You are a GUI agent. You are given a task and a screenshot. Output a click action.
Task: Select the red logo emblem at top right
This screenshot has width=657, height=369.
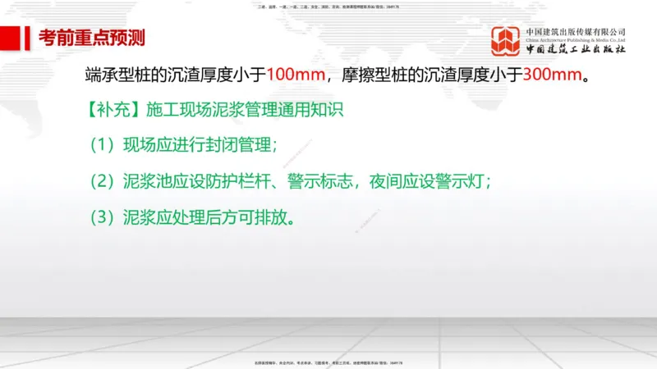[x=506, y=40]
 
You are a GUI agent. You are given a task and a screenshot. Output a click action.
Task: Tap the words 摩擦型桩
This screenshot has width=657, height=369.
[x=385, y=75]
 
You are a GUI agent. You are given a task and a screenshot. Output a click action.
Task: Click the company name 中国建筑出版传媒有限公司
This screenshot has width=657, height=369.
[x=576, y=32]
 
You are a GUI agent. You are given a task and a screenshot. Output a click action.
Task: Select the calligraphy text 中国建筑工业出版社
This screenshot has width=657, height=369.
[x=576, y=48]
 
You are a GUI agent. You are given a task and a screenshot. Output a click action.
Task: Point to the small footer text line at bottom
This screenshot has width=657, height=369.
[x=328, y=362]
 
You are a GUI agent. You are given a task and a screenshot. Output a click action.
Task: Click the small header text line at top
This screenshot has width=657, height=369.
[x=328, y=6]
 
